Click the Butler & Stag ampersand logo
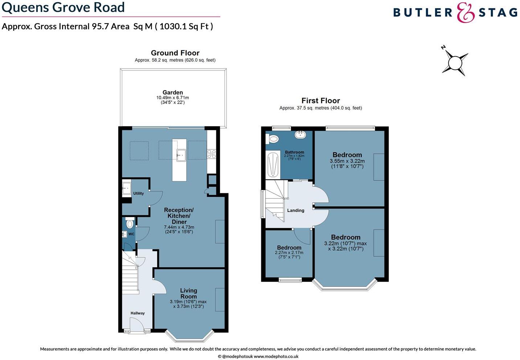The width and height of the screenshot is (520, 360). [466, 13]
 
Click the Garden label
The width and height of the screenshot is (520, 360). [173, 92]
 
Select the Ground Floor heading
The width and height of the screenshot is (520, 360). [175, 53]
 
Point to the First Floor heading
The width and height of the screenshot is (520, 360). [320, 101]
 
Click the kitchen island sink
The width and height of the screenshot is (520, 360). [181, 155]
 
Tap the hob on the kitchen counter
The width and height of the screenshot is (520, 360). [211, 154]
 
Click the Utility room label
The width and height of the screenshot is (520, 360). [138, 193]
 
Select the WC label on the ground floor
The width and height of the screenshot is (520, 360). [131, 234]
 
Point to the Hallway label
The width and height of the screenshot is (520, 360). [138, 313]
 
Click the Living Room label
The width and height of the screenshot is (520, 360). [189, 293]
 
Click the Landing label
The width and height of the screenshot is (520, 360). [296, 210]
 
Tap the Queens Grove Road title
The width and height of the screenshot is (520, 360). [63, 7]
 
